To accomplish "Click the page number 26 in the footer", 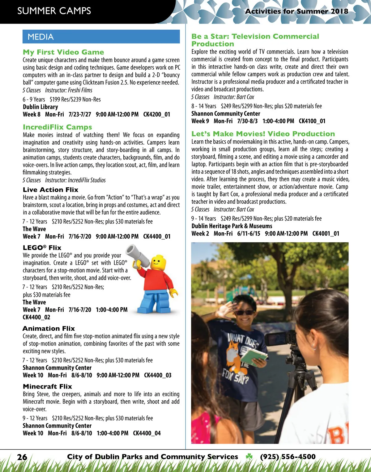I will [x=22, y=457].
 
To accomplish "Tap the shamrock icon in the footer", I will [x=249, y=457].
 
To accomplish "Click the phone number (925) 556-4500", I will [x=288, y=457].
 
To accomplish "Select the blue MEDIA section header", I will [x=101, y=37].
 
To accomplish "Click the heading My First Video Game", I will [x=63, y=52].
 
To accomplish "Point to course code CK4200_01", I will [x=157, y=114].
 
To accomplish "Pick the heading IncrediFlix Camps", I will [x=58, y=127].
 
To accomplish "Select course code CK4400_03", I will [x=158, y=375].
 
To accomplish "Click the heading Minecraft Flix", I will [x=47, y=386].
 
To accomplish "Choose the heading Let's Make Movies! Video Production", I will [x=263, y=134].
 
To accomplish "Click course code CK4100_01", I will [x=312, y=121].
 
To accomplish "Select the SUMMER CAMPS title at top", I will [x=54, y=11].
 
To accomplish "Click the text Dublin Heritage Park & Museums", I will [x=232, y=226].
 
